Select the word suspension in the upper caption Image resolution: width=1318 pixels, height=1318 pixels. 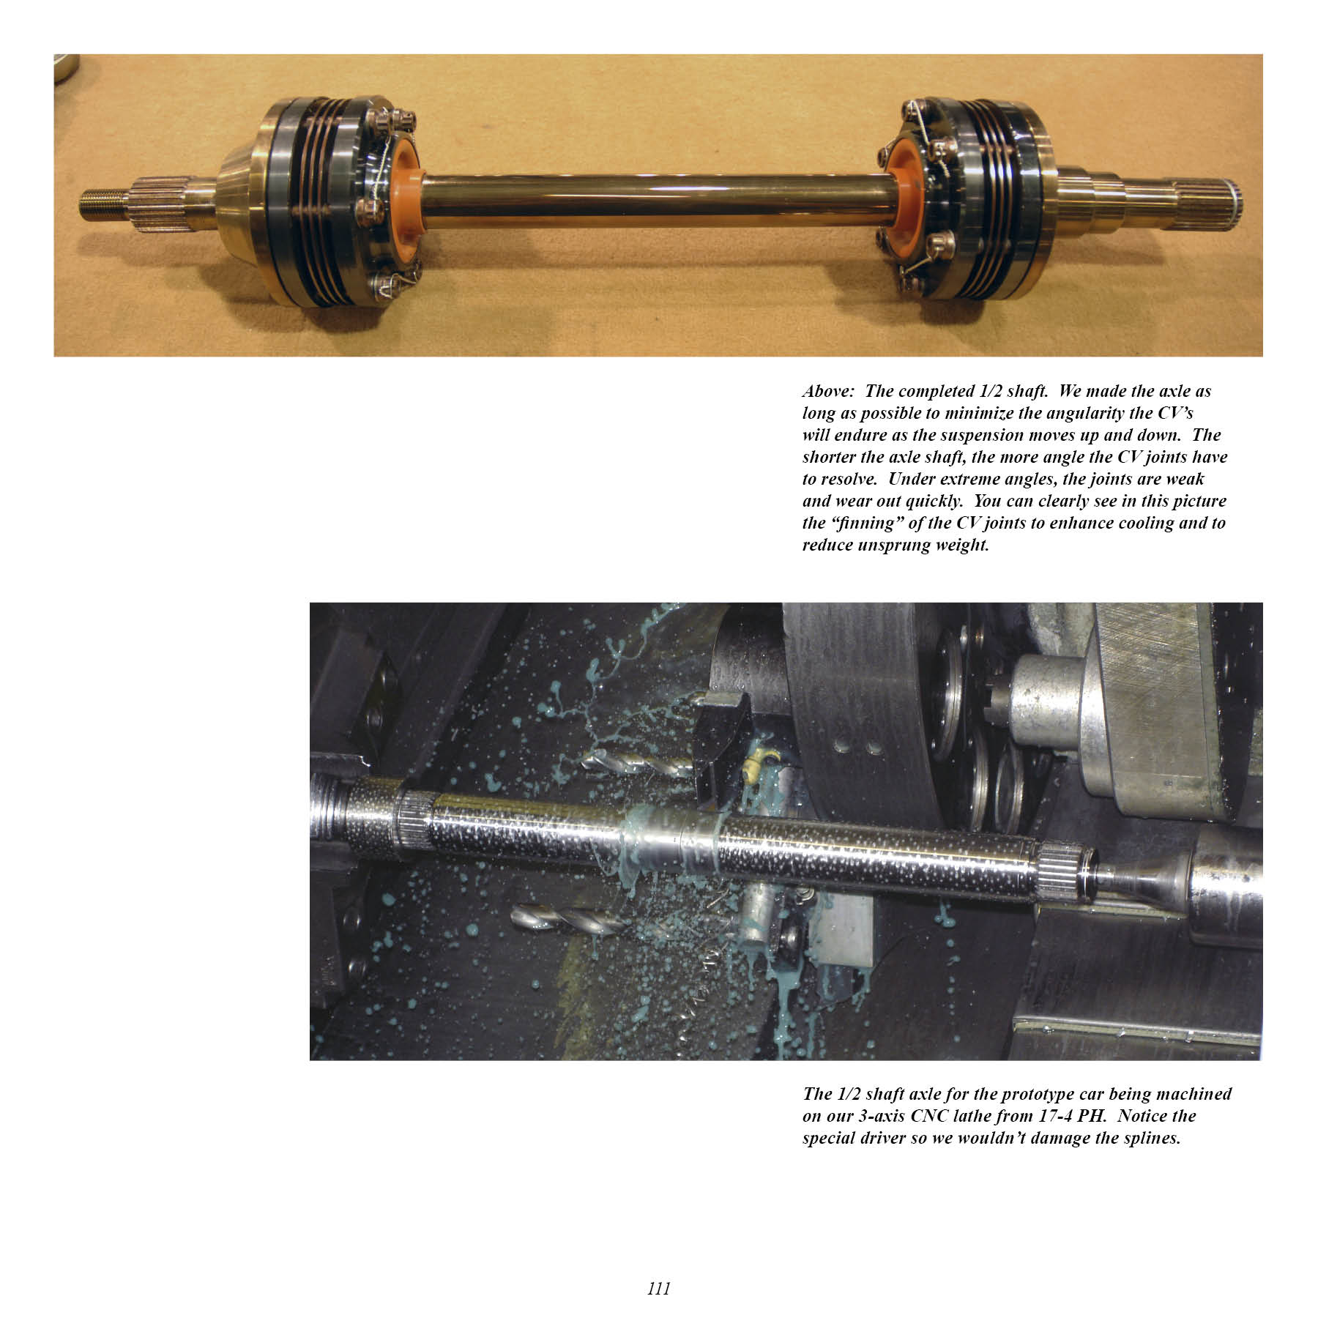[980, 435]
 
